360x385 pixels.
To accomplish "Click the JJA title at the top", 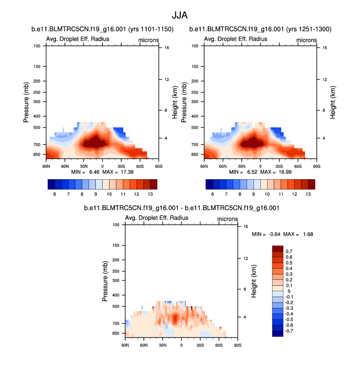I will (x=180, y=16).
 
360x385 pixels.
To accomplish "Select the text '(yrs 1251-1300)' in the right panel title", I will (x=310, y=29).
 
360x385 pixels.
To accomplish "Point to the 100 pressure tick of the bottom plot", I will (x=116, y=225).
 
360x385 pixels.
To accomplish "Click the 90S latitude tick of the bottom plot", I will (x=237, y=345).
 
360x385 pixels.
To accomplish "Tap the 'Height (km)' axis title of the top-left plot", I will (x=174, y=102).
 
